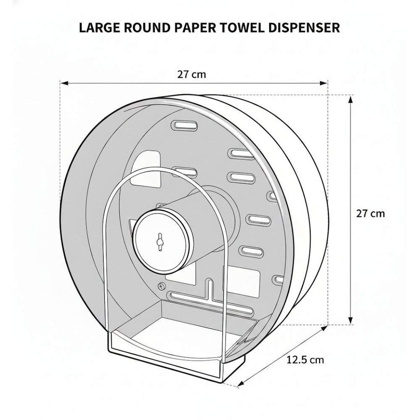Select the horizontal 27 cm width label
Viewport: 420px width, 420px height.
(192, 75)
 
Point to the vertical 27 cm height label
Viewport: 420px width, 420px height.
(370, 213)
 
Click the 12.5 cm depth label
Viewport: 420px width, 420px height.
(305, 360)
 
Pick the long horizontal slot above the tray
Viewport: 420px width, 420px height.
(210, 304)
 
